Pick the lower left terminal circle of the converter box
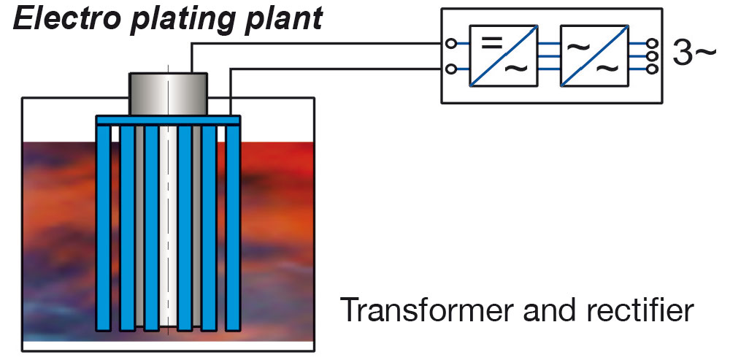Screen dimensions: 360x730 pos(451,69)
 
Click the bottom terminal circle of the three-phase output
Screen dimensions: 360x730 pos(652,69)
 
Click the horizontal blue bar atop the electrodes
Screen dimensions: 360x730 pos(169,119)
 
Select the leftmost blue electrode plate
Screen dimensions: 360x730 pos(103,226)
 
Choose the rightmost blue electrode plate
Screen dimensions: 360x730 pos(233,226)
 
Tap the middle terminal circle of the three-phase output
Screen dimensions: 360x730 pos(652,56)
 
